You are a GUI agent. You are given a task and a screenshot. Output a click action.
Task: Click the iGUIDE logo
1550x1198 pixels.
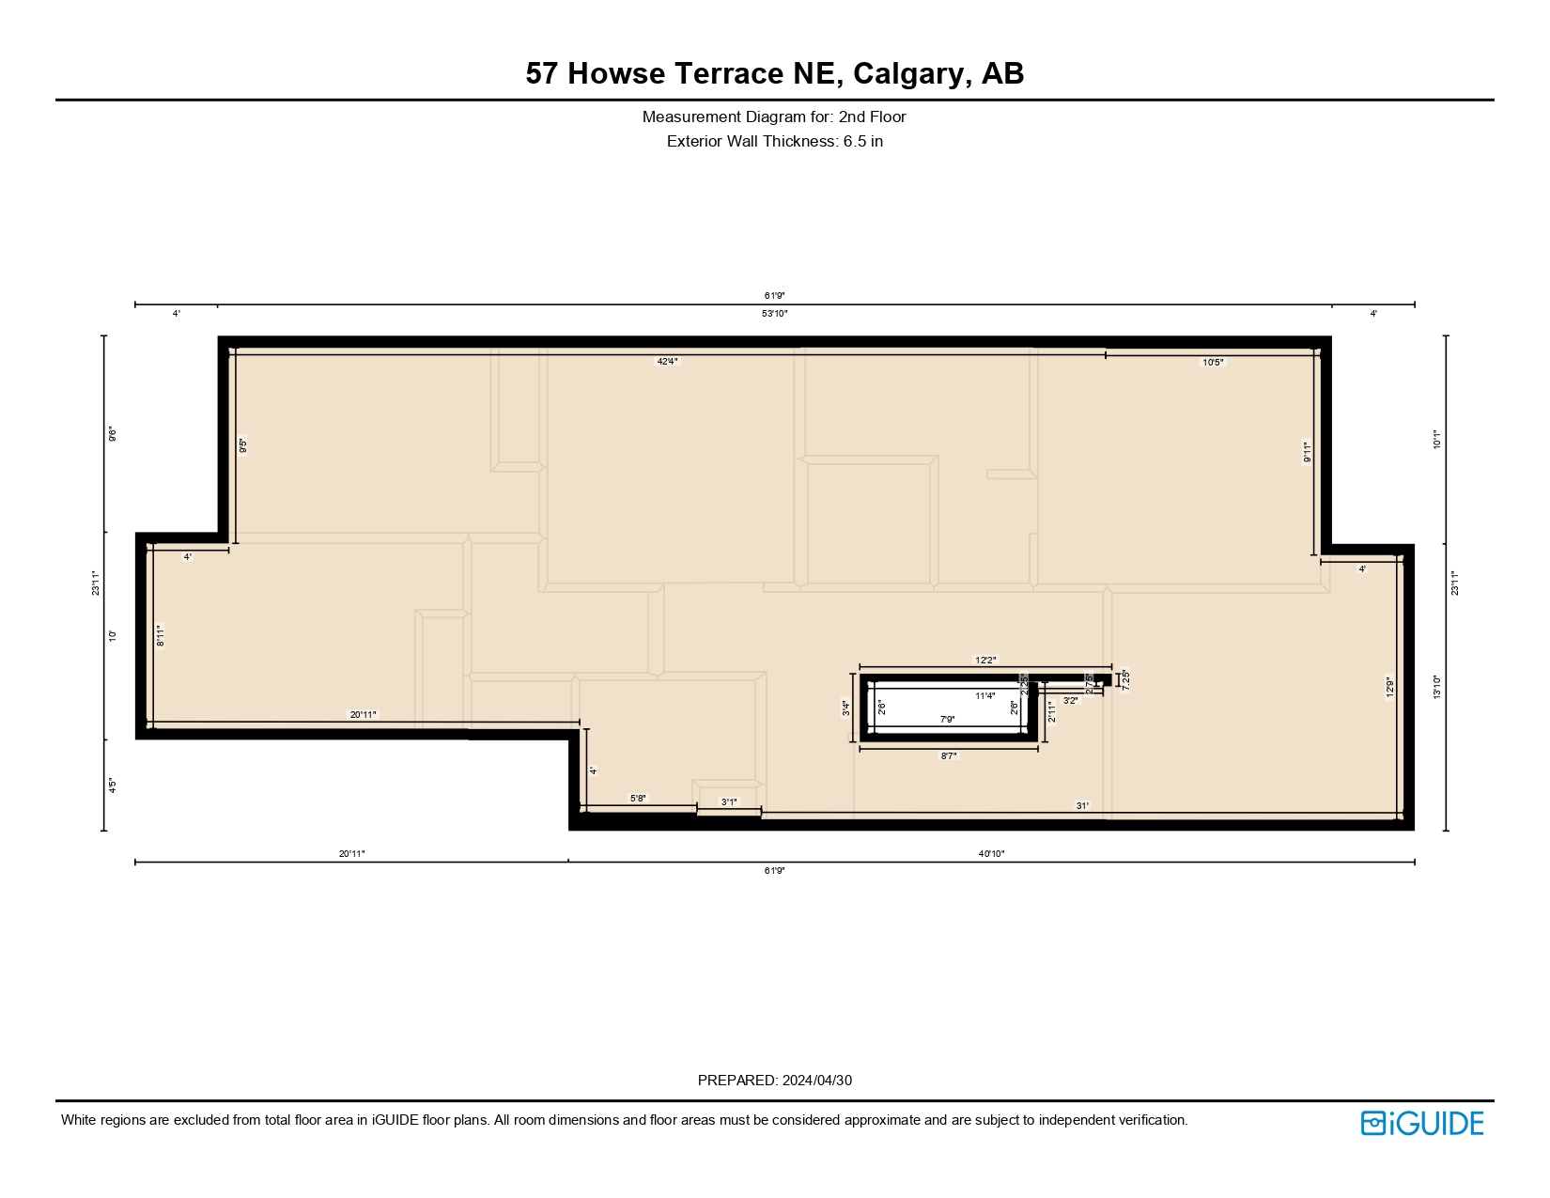tap(1422, 1123)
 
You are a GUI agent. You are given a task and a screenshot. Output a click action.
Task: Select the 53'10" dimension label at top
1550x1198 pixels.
tap(774, 314)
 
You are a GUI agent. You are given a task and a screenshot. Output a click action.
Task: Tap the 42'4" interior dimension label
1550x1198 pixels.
tap(667, 362)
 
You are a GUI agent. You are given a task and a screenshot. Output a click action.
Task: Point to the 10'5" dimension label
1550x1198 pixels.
tap(1213, 363)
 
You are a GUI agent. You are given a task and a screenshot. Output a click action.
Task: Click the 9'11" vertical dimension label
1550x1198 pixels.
tap(1306, 452)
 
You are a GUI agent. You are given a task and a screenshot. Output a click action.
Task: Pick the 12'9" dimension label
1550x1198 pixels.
tap(1389, 688)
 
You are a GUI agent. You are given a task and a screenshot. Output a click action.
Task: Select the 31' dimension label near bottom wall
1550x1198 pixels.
tap(1082, 806)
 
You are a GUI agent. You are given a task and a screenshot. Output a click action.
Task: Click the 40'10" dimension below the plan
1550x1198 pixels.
tap(991, 854)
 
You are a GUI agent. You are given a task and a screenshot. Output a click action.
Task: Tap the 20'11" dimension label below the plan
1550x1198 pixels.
tap(351, 854)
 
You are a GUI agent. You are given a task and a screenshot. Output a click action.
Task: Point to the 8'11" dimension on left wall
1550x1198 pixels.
tap(161, 636)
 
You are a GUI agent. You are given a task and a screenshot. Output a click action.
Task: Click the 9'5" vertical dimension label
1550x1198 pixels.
tap(242, 445)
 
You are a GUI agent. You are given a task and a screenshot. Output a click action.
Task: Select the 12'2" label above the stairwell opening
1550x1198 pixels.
tap(984, 661)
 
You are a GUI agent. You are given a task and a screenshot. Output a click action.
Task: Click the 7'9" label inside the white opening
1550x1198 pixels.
tap(948, 720)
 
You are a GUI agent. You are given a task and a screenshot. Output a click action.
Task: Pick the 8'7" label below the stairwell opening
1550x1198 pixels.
tap(949, 755)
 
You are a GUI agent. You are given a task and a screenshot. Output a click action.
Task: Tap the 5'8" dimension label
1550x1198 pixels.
tap(637, 799)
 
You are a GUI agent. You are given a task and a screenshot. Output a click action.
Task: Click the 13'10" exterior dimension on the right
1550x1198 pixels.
tap(1436, 688)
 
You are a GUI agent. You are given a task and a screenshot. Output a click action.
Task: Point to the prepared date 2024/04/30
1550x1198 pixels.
tap(816, 1081)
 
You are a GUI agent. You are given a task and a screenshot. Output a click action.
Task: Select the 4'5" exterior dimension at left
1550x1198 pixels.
tap(112, 785)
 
